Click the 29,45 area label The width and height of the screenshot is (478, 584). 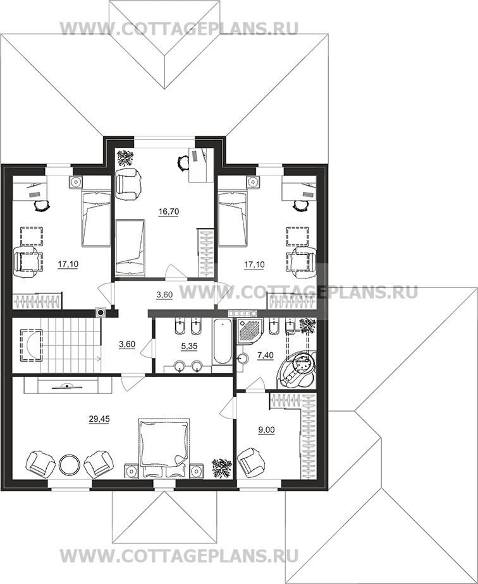tap(99, 419)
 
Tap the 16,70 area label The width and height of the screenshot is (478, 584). tap(169, 212)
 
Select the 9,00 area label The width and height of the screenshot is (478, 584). tap(267, 430)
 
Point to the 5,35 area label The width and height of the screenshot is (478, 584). tap(189, 347)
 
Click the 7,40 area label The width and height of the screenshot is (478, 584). tap(266, 355)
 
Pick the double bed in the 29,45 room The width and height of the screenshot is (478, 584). tap(164, 448)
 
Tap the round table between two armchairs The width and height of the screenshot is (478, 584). tap(69, 463)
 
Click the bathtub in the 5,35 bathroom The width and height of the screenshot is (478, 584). tap(222, 342)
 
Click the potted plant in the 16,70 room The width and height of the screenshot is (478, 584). tap(126, 157)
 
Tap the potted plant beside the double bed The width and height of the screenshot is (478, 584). tap(221, 468)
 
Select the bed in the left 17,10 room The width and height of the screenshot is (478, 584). tap(96, 218)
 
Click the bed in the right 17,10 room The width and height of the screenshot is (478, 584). tap(233, 218)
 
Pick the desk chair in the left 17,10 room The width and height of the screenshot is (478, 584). tap(42, 205)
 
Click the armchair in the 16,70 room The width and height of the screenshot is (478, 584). tap(128, 184)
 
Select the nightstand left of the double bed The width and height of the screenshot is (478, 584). tap(132, 471)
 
